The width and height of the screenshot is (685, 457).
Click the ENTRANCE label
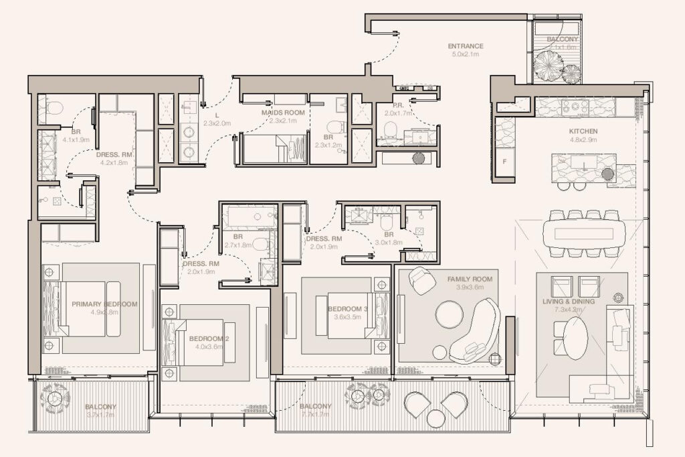[466, 46]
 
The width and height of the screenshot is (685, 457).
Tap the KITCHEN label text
[583, 131]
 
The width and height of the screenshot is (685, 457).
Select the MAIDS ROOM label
[283, 113]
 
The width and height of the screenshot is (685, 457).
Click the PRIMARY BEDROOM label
[104, 304]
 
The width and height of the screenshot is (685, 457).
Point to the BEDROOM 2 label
[209, 338]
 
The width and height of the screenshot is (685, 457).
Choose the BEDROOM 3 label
[348, 308]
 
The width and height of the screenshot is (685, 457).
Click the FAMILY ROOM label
[470, 279]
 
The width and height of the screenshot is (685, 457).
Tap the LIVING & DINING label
[570, 302]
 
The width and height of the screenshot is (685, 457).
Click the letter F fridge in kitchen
[504, 161]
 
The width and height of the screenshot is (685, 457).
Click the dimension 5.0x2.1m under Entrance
[466, 54]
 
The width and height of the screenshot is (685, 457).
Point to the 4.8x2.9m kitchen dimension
[583, 139]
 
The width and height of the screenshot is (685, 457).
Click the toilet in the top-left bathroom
[53, 107]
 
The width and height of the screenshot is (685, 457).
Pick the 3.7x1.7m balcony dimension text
[100, 415]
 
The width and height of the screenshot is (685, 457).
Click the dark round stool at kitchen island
[607, 174]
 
